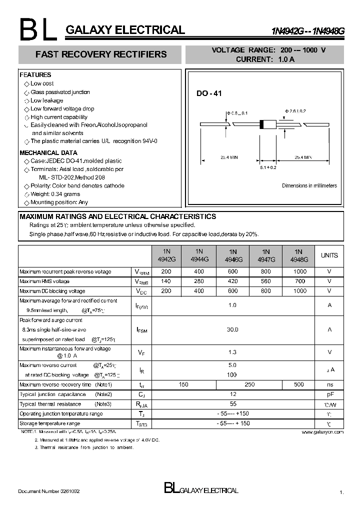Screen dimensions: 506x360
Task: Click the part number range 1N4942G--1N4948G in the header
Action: point(307,31)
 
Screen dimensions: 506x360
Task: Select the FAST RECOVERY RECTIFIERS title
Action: point(101,54)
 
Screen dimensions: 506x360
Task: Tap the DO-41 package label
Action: point(208,93)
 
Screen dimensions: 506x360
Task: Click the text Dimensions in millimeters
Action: point(309,185)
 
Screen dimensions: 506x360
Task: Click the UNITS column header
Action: point(329,255)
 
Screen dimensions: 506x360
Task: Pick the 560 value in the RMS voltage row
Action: point(265,281)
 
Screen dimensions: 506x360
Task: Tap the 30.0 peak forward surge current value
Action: point(232,329)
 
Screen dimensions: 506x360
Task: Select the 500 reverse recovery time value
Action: point(299,384)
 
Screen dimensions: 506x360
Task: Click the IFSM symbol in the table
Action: point(142,330)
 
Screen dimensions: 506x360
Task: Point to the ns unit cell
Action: point(329,384)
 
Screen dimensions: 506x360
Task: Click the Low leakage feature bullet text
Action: point(46,100)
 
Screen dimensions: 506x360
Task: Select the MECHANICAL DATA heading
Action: point(48,152)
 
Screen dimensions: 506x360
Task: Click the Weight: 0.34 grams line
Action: point(55,194)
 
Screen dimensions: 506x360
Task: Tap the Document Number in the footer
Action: point(48,491)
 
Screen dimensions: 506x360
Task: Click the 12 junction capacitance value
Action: point(232,394)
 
